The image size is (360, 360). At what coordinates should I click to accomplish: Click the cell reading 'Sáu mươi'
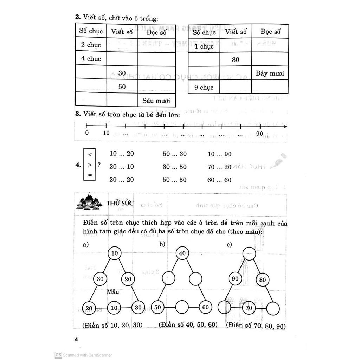coord(156,100)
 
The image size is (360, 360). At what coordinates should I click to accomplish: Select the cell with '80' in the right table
coord(236,59)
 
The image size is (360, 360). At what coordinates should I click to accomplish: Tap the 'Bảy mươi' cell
coord(269,73)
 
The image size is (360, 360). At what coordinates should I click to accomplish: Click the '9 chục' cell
coord(204,87)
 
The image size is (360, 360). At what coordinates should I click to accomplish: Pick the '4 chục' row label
coord(91,59)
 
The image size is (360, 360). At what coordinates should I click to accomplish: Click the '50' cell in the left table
coord(122,86)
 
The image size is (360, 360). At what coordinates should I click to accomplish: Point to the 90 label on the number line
coord(259,133)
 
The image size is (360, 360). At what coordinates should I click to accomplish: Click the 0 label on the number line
coord(87,133)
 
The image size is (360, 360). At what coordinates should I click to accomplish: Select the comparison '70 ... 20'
coord(220,167)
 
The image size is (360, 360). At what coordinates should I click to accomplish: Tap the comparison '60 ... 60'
coord(220,180)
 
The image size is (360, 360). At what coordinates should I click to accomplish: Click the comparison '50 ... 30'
coord(175,154)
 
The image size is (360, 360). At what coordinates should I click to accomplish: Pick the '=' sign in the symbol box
coord(90,175)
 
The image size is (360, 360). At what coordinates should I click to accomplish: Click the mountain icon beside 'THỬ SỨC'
coord(89,203)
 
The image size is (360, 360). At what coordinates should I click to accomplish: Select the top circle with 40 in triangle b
coord(182,253)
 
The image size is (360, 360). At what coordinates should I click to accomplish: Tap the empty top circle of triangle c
coord(249,253)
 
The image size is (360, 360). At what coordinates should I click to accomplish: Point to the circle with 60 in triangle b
coord(205,307)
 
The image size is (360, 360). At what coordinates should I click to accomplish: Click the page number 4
coord(76,339)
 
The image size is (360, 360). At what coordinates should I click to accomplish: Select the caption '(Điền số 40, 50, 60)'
coord(188,325)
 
